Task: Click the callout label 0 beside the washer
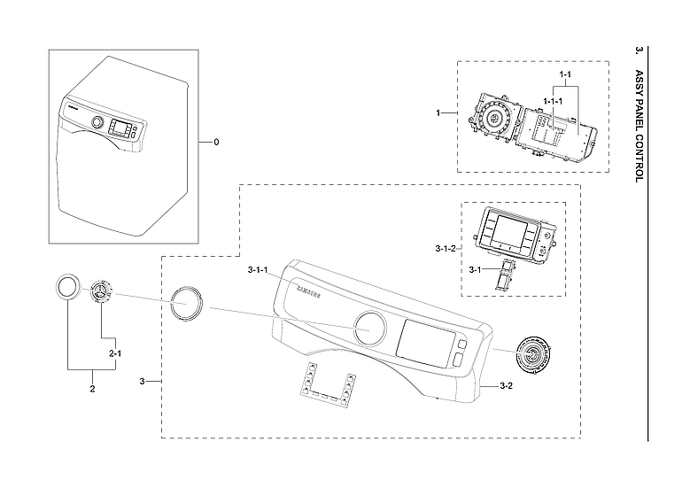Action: click(215, 142)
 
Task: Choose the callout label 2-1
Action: click(115, 353)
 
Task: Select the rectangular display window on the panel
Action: click(425, 341)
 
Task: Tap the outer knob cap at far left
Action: click(66, 288)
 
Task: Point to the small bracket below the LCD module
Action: click(506, 277)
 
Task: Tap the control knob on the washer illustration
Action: click(97, 123)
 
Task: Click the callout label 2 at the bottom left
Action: click(92, 388)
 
